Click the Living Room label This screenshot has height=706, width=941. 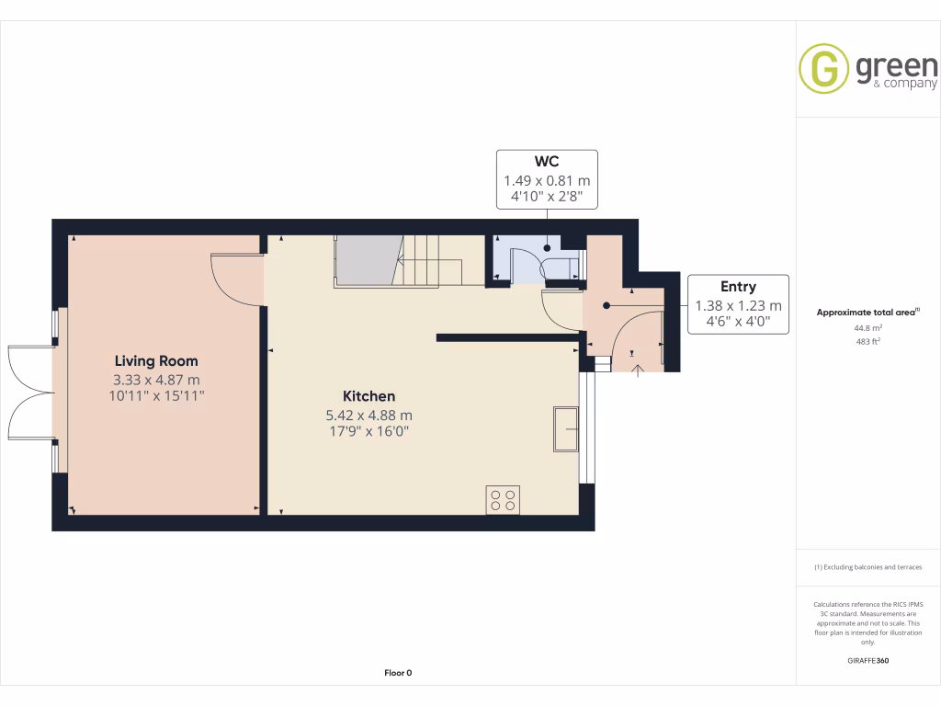155,361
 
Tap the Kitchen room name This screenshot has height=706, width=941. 368,396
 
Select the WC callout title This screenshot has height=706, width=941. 547,163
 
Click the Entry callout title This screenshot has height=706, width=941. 738,288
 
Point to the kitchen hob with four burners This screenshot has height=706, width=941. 503,500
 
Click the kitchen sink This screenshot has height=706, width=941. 565,428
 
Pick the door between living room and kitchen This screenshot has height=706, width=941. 237,280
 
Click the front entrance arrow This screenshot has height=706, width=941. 640,370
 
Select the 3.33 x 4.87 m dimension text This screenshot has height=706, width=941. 155,380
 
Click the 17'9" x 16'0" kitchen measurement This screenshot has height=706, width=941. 368,430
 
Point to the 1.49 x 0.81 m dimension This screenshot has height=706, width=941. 547,181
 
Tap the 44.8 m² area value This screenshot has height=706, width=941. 867,327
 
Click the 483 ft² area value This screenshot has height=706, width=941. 867,342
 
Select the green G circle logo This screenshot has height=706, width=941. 822,68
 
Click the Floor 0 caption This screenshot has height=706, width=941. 398,673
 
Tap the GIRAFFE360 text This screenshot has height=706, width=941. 868,661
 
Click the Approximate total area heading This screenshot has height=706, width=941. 867,313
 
